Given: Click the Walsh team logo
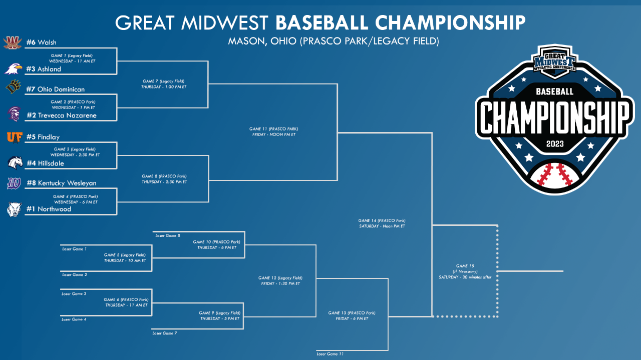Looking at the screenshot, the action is coord(13,43).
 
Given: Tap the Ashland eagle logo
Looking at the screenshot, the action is coord(13,69).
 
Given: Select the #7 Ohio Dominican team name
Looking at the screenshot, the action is coord(56,89).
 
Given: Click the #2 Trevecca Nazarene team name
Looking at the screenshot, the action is coord(62,115).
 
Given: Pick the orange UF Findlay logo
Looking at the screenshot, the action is coord(15,137).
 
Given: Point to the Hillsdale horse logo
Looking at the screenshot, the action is coord(15,163).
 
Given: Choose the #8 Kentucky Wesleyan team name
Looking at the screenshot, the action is coord(62,183).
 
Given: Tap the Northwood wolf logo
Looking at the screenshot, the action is coord(15,209).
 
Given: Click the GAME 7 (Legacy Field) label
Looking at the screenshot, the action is coord(164,81).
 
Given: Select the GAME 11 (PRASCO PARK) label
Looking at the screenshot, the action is coord(273,129).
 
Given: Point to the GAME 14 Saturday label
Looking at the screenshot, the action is coord(382,223).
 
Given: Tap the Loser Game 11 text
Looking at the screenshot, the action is coord(330,354).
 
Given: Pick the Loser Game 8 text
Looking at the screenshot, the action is coord(168,235).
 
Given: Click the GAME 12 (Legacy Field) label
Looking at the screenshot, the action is coord(280,277).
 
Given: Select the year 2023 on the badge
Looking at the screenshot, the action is coord(555,143).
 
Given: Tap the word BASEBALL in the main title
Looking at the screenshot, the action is coord(322,22).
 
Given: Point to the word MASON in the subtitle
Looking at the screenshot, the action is coord(246,41).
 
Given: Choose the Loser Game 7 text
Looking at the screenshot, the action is coord(165,333).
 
